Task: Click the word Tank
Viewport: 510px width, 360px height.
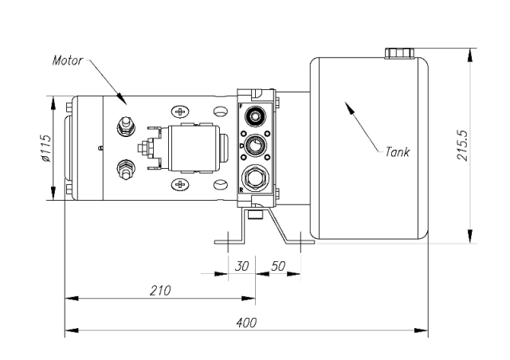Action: (397, 151)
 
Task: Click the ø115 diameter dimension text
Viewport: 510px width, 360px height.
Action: (45, 148)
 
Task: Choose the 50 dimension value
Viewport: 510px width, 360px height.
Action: (278, 265)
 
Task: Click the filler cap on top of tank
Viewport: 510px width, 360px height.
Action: (399, 53)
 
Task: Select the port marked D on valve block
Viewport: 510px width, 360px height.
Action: (256, 145)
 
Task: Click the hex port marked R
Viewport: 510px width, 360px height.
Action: (256, 176)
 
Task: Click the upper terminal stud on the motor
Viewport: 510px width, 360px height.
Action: (124, 124)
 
